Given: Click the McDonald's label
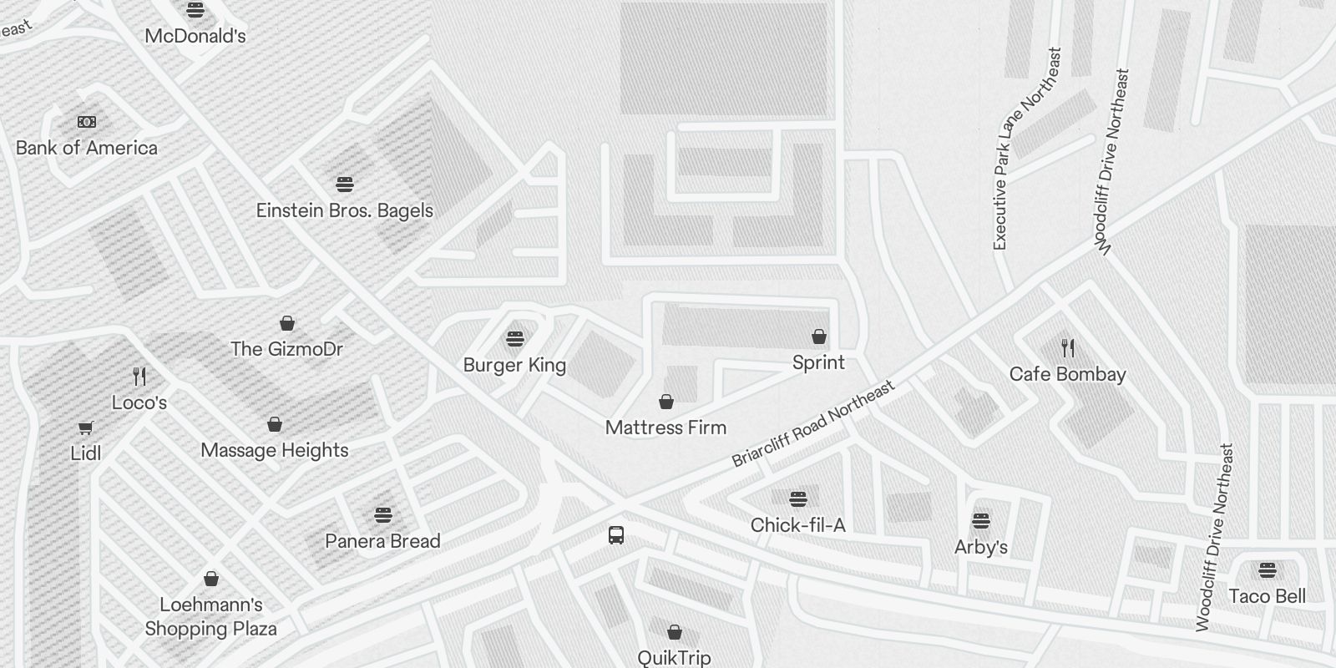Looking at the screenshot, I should [195, 36].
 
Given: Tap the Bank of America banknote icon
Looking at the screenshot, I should [87, 122].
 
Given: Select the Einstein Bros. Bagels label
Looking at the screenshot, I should [344, 210].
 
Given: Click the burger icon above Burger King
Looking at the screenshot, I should [515, 339].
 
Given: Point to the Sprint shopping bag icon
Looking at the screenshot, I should [819, 337].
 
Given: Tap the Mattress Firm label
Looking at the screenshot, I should [665, 428].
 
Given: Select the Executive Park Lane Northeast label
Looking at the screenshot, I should [1026, 149].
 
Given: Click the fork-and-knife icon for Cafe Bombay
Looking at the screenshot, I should [1068, 347].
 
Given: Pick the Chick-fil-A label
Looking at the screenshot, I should [797, 525].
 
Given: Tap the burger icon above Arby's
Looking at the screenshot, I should [981, 521].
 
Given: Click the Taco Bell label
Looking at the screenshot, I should [1267, 596].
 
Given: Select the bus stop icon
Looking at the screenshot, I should [616, 535].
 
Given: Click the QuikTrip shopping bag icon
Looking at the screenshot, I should [675, 632].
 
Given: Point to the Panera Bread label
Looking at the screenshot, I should [382, 541].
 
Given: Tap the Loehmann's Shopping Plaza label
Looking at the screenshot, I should [211, 616].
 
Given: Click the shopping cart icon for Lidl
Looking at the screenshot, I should [85, 428].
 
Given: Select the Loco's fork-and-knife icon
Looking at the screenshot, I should [139, 377].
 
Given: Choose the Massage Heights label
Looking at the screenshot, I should [275, 451].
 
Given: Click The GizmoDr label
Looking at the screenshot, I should [286, 349].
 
